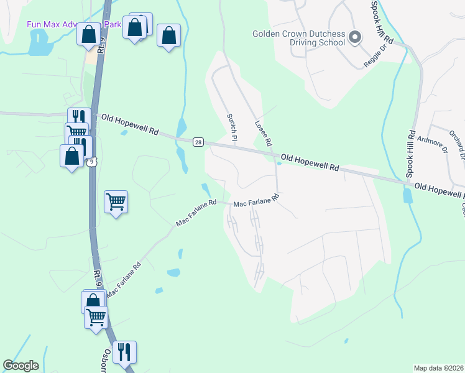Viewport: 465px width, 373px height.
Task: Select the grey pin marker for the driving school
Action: pos(355,38)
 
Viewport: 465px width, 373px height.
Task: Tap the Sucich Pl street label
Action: pos(232,126)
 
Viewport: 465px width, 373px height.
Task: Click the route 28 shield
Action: pos(198,142)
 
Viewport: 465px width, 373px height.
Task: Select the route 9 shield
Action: pos(92,162)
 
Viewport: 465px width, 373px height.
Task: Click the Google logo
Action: pos(21,366)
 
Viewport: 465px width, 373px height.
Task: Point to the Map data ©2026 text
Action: pos(438,368)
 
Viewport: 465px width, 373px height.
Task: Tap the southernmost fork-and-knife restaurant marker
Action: pos(124,352)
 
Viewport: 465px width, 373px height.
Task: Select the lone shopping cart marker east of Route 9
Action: pos(116,201)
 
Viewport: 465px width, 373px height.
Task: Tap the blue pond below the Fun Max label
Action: pos(39,44)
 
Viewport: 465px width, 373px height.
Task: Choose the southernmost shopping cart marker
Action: pos(96,316)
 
